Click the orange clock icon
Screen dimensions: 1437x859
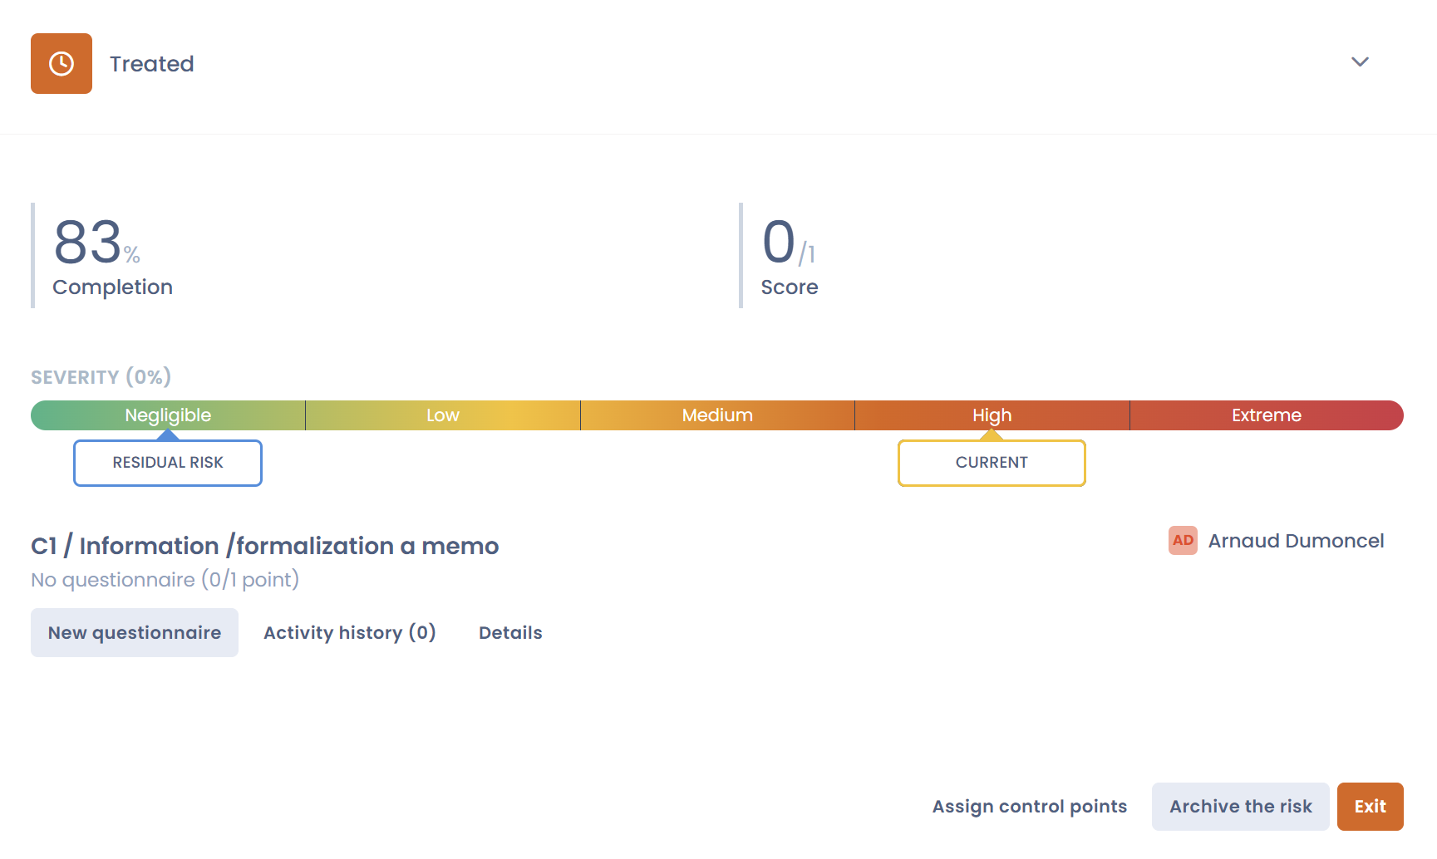(62, 63)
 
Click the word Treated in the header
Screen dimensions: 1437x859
(151, 64)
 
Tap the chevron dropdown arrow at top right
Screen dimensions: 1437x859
(1360, 61)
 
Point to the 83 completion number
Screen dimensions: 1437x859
(88, 243)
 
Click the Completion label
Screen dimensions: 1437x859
(112, 287)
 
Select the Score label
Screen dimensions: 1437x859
(790, 287)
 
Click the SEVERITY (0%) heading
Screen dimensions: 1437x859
(101, 377)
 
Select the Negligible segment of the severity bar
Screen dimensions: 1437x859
(168, 415)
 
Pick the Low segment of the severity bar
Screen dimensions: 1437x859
(443, 415)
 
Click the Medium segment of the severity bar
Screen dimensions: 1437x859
(717, 415)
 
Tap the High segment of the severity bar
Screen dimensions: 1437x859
(992, 415)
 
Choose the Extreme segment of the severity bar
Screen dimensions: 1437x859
(1267, 415)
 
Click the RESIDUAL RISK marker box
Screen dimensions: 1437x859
(168, 463)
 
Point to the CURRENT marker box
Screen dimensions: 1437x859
(992, 463)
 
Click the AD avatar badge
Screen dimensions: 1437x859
(1183, 540)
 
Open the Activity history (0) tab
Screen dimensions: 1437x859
(350, 633)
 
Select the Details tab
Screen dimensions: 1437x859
(510, 633)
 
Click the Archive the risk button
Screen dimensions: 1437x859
(1241, 807)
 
